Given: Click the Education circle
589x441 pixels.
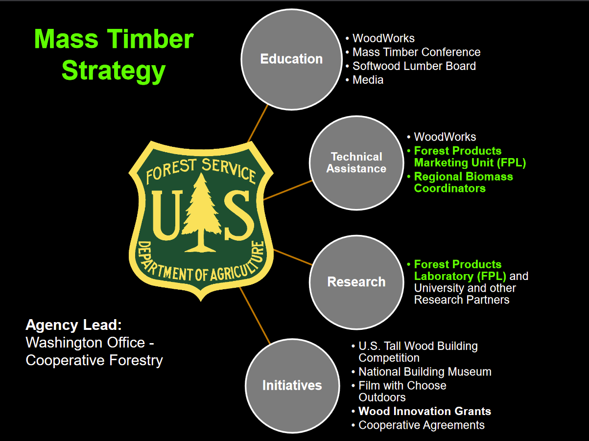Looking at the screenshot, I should pos(291,59).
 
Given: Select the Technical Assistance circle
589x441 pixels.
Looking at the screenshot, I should pos(356,163).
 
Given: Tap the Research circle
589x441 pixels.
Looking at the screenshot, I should pos(356,282).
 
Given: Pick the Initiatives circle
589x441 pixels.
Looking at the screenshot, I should pos(292,385).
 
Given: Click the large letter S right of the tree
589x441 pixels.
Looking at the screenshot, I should pos(237,215).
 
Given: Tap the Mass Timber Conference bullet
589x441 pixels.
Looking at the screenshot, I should pos(416,52).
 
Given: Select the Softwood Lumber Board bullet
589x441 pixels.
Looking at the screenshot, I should pos(414,66).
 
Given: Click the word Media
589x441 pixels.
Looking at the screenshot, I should pos(368,79).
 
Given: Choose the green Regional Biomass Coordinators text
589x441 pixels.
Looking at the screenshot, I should pos(463,182).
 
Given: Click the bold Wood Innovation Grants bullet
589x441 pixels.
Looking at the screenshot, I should pos(424,411).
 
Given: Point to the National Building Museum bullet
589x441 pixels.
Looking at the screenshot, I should pos(424,372).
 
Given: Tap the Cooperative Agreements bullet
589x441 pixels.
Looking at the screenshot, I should pos(421,425).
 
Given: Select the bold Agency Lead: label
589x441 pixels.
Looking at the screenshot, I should pos(73,325).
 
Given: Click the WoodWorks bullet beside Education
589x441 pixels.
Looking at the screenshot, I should pos(383,38).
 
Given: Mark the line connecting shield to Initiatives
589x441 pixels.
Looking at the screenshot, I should pos(255,316).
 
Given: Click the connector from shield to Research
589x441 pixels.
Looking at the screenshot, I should pos(293,257).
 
